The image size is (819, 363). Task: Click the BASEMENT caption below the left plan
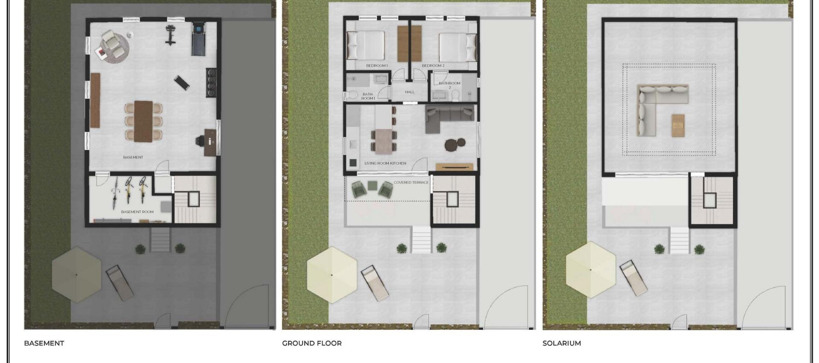[x=44, y=343]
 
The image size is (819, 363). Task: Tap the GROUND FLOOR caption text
[x=312, y=343]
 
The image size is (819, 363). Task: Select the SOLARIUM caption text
[x=561, y=343]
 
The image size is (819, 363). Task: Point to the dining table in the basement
[x=143, y=121]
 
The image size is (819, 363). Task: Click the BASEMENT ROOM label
[x=137, y=212]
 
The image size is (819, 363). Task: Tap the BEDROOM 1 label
[x=377, y=66]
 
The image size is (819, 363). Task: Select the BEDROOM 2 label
[x=433, y=66]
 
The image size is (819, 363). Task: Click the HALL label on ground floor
[x=409, y=92]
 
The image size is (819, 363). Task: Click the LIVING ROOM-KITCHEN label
[x=385, y=163]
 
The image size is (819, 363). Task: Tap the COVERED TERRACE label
[x=411, y=182]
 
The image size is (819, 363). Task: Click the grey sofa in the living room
[x=449, y=116]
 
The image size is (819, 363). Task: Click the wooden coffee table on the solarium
[x=678, y=125]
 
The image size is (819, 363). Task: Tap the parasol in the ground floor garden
[x=332, y=275]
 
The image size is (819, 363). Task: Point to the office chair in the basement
[x=200, y=141]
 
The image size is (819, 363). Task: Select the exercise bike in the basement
[x=171, y=35]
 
